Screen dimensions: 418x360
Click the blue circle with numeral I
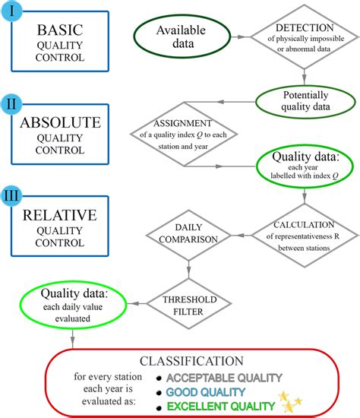coord(14,12)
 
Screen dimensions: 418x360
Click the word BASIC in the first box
coord(59,32)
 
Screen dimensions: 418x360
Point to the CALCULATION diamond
coord(304,230)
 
